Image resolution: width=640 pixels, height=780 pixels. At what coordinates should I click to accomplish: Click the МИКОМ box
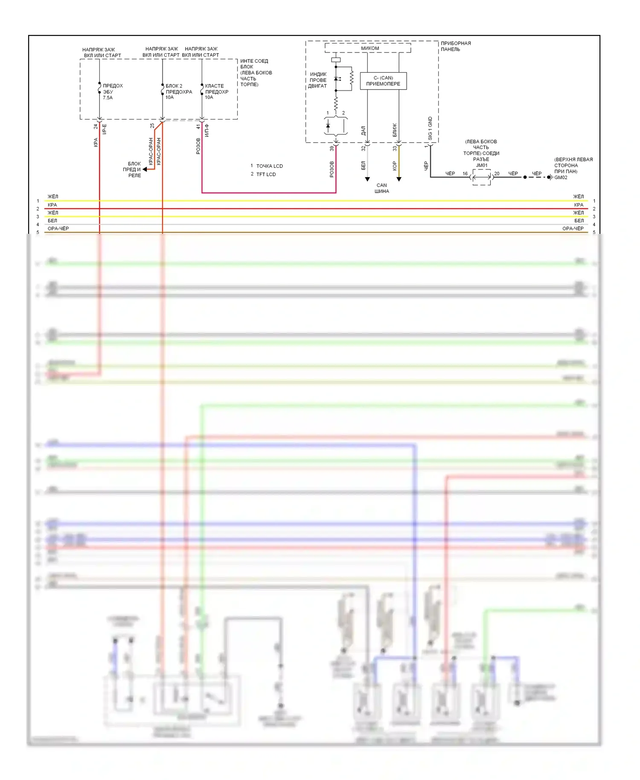pos(369,48)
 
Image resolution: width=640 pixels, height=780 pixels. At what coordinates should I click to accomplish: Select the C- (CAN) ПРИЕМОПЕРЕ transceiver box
pos(383,81)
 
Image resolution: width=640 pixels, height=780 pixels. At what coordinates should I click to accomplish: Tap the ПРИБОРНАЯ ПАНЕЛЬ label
pos(456,46)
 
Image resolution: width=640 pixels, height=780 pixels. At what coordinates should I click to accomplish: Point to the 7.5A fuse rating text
pos(108,98)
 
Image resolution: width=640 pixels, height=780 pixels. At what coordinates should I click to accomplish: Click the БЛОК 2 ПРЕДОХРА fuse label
pos(179,89)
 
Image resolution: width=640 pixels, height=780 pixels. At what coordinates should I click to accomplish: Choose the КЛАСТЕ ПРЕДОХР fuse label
pos(217,89)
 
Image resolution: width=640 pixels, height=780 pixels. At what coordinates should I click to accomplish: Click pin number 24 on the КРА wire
pos(96,126)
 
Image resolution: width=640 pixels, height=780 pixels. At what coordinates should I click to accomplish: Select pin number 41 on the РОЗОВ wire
pos(198,127)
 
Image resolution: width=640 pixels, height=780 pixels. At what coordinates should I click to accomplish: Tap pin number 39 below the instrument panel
pos(332,148)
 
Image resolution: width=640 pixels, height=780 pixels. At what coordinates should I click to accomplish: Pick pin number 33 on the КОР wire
pos(395,148)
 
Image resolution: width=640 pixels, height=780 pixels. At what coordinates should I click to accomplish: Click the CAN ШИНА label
pos(382,188)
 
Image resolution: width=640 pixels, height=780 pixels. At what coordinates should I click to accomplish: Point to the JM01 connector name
pos(482,165)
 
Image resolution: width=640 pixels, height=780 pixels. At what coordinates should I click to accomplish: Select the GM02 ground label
pos(561,178)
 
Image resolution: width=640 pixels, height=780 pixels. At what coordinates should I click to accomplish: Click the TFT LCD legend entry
pos(266,174)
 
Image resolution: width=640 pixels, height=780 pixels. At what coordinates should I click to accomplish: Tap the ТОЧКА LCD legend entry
pos(269,166)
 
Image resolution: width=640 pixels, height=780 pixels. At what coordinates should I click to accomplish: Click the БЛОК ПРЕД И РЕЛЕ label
pos(134,169)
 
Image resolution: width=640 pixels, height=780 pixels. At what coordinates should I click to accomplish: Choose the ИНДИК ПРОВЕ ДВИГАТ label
pos(318,80)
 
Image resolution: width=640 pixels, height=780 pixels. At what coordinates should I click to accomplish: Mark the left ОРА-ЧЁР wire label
pos(58,228)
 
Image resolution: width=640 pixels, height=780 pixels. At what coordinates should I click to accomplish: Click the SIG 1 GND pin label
pos(430,128)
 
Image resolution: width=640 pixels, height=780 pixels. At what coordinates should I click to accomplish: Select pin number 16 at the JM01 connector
pos(465,174)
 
